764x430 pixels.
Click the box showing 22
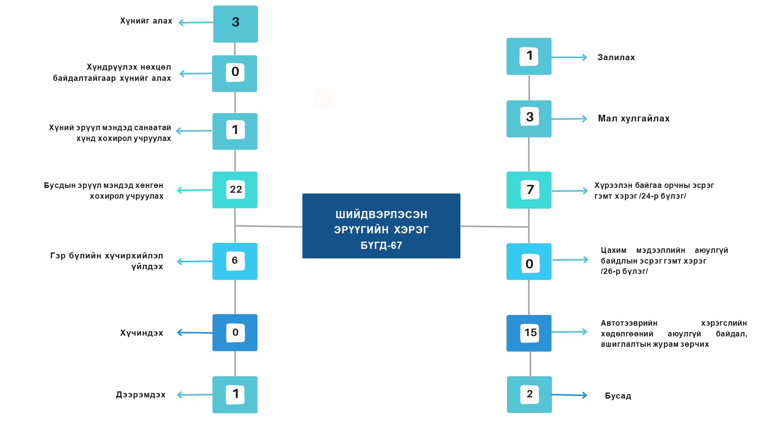click(235, 190)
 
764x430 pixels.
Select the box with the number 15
click(529, 333)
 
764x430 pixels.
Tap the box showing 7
click(529, 190)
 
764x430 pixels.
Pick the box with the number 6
click(235, 261)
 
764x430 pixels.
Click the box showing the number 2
click(529, 395)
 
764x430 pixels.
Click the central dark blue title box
click(381, 226)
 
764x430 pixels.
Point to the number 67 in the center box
click(396, 246)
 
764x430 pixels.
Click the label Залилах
click(616, 58)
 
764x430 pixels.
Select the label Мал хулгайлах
click(633, 119)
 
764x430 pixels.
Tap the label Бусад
click(618, 396)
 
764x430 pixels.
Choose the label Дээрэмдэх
click(140, 395)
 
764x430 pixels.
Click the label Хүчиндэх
click(142, 333)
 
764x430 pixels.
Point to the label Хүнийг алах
click(146, 21)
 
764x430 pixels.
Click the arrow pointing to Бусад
click(569, 395)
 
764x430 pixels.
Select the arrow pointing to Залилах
click(569, 57)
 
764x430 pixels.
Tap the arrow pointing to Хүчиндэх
click(195, 332)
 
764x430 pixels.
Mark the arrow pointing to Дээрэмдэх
click(195, 395)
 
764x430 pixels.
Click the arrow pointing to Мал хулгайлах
click(569, 119)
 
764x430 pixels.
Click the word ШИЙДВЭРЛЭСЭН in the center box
click(381, 215)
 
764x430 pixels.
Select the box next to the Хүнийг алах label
click(235, 24)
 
